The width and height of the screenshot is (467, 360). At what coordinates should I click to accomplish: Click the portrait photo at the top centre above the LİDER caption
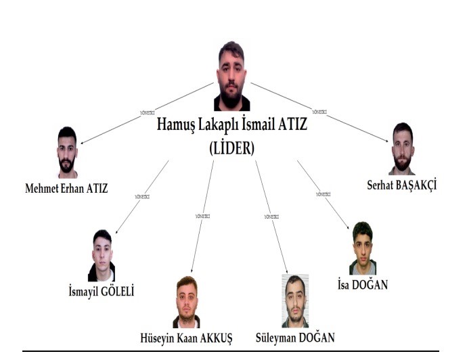pyautogui.click(x=231, y=76)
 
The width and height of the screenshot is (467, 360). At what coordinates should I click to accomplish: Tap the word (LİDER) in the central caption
pyautogui.click(x=232, y=148)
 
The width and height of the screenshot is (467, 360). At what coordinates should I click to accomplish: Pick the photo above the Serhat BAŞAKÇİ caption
pyautogui.click(x=401, y=149)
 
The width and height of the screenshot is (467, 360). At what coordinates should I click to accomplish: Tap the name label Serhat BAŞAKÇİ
pyautogui.click(x=402, y=183)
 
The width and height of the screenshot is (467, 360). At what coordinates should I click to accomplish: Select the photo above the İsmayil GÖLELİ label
pyautogui.click(x=102, y=255)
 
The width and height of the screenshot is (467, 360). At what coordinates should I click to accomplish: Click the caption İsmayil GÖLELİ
pyautogui.click(x=102, y=292)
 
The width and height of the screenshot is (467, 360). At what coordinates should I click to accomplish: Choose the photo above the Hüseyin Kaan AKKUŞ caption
pyautogui.click(x=186, y=302)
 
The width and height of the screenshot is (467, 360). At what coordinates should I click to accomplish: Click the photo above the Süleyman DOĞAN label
pyautogui.click(x=294, y=301)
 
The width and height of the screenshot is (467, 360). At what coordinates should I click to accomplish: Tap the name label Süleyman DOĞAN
pyautogui.click(x=295, y=337)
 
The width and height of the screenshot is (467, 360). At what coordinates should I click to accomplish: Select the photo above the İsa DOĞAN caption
pyautogui.click(x=362, y=248)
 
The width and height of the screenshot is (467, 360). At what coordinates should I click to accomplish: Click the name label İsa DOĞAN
pyautogui.click(x=362, y=285)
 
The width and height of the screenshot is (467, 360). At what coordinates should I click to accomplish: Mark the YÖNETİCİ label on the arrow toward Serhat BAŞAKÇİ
pyautogui.click(x=320, y=111)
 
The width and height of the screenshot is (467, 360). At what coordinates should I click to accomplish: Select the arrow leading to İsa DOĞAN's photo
pyautogui.click(x=323, y=195)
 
